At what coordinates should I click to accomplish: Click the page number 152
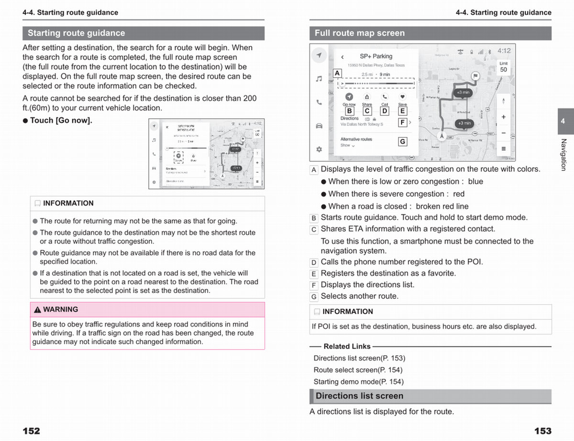click(31, 431)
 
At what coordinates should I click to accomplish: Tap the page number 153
click(542, 431)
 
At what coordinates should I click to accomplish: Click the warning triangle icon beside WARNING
click(37, 310)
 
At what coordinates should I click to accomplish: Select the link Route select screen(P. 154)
click(358, 370)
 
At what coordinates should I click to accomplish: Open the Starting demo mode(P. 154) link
click(358, 382)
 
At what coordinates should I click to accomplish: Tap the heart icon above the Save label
click(402, 97)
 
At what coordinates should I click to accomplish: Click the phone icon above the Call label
click(385, 97)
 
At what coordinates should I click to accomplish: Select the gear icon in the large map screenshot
click(319, 149)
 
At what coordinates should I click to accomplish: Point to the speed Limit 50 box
click(503, 67)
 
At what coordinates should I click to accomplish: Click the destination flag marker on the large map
click(475, 76)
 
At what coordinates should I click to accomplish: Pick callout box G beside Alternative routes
click(402, 142)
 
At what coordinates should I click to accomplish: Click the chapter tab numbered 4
click(563, 121)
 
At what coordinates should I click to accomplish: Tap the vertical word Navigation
click(563, 155)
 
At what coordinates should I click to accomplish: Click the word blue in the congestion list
click(475, 181)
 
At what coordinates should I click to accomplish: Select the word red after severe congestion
click(458, 194)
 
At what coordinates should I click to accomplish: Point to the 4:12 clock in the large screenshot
click(504, 51)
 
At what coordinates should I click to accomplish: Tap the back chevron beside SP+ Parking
click(342, 57)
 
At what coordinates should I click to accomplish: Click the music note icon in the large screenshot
click(319, 79)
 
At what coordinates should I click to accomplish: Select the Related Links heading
click(347, 346)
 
